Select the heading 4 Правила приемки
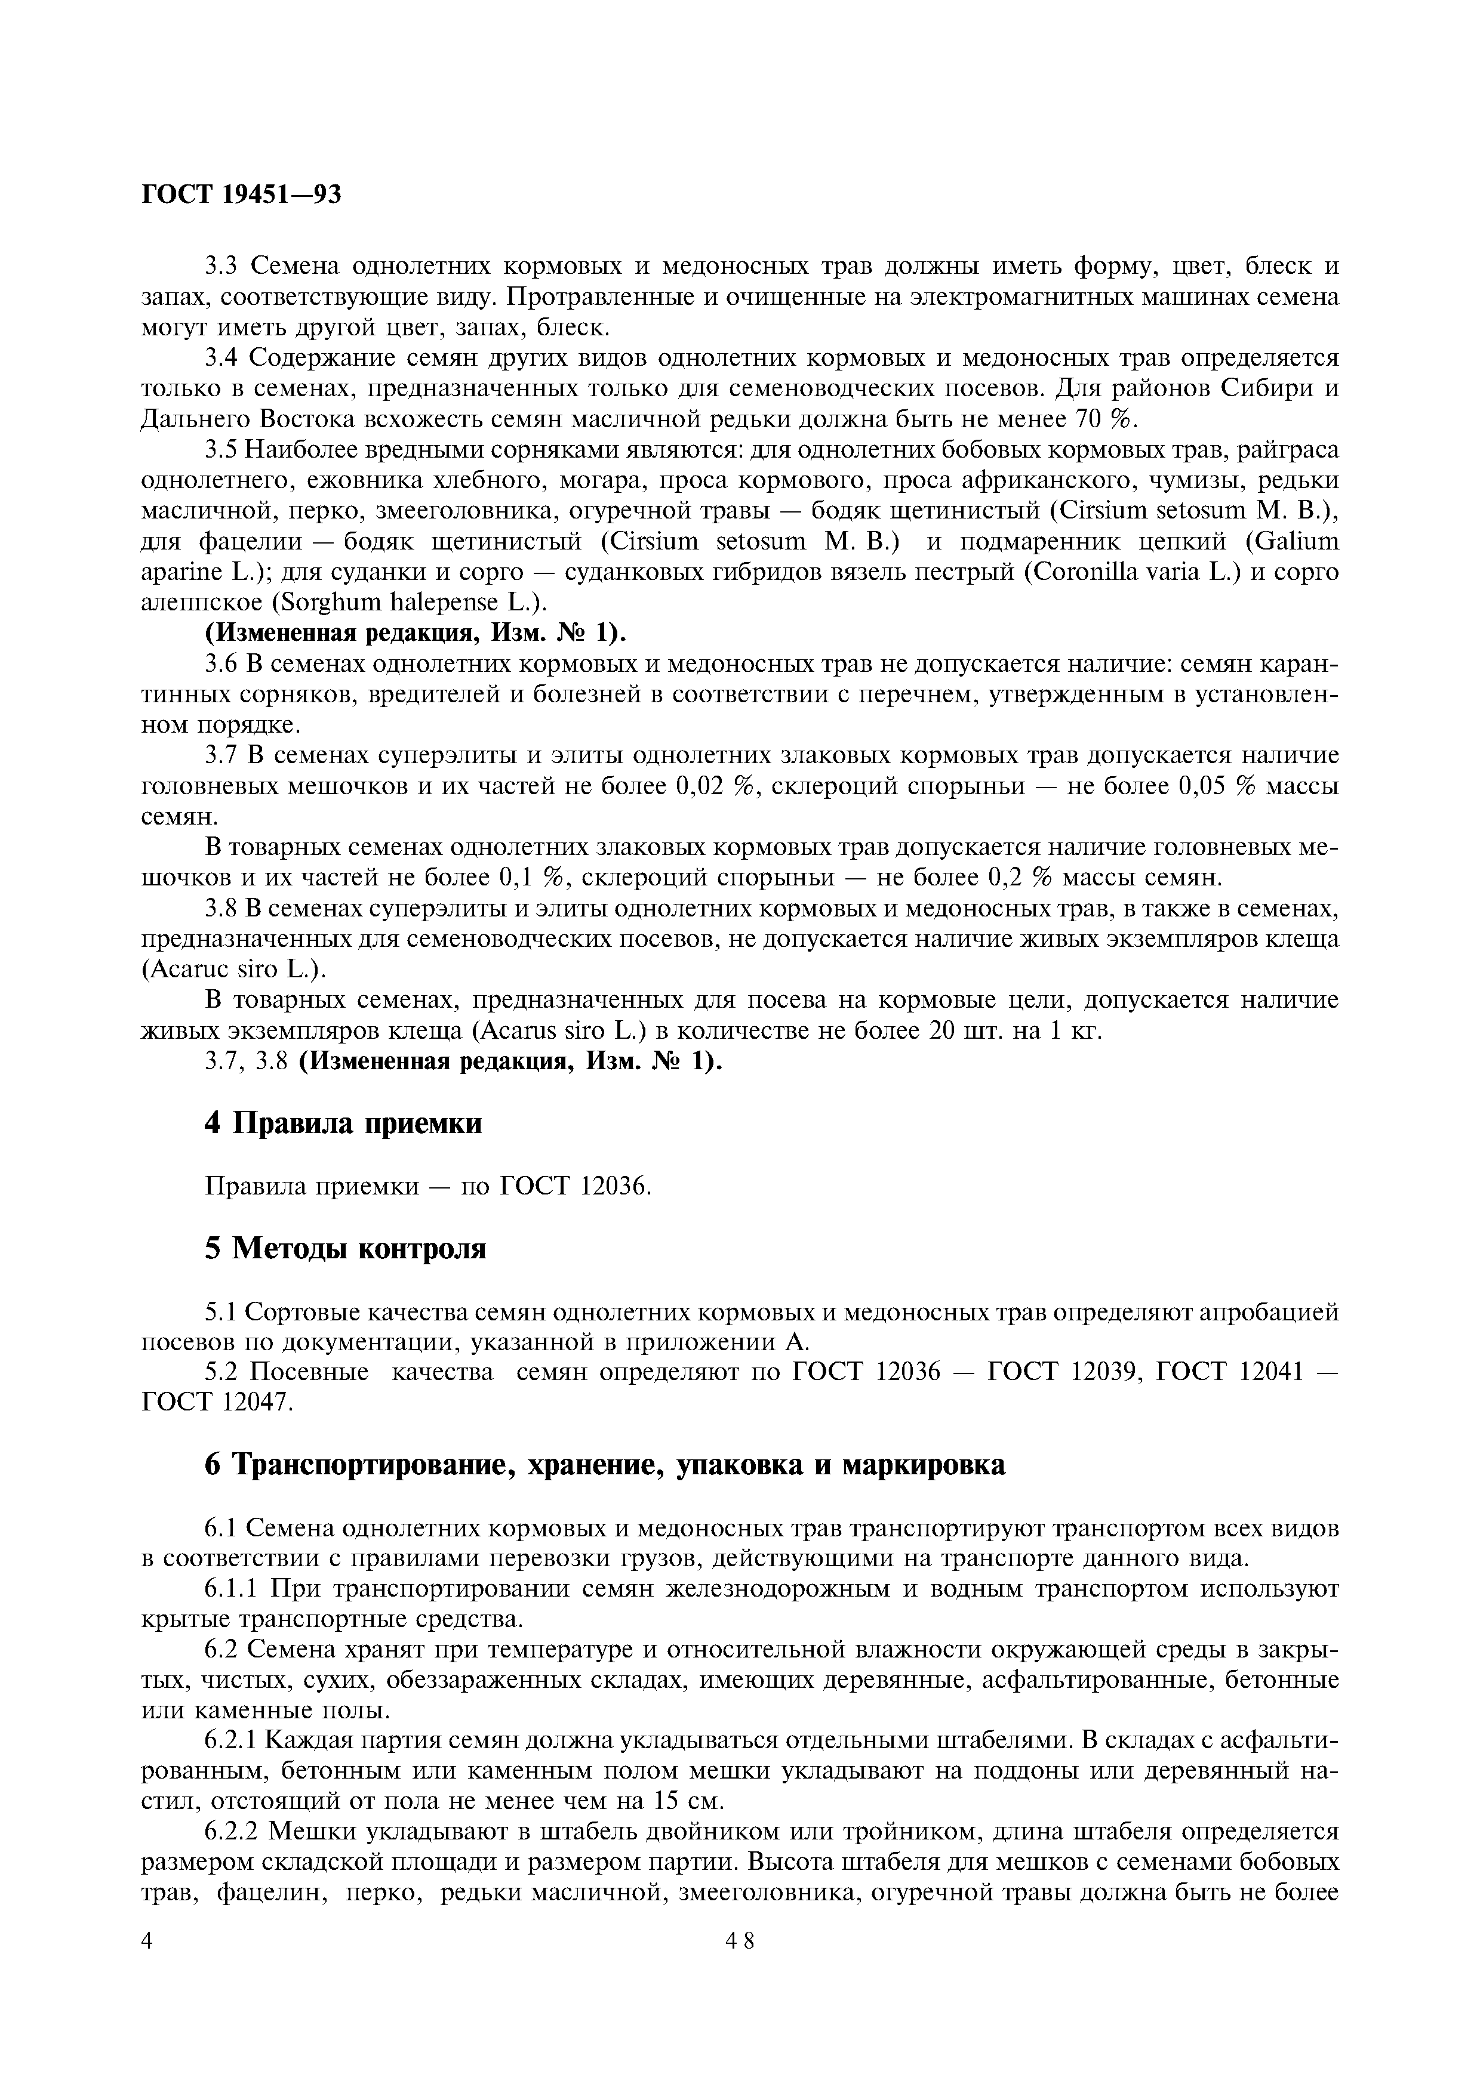pos(343,1123)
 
